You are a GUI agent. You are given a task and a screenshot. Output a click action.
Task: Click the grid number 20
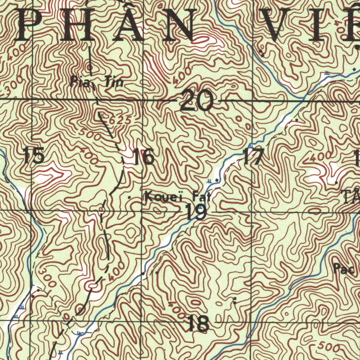(x=197, y=100)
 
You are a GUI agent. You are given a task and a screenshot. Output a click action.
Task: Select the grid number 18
(x=198, y=323)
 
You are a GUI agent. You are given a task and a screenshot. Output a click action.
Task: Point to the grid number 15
(x=34, y=156)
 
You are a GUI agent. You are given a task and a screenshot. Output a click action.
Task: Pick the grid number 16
(x=144, y=157)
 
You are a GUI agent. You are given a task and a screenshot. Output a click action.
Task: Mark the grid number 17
(x=253, y=157)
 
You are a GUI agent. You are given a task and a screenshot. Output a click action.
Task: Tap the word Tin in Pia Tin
(x=114, y=82)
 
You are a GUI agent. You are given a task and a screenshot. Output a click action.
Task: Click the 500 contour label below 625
(x=90, y=134)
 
